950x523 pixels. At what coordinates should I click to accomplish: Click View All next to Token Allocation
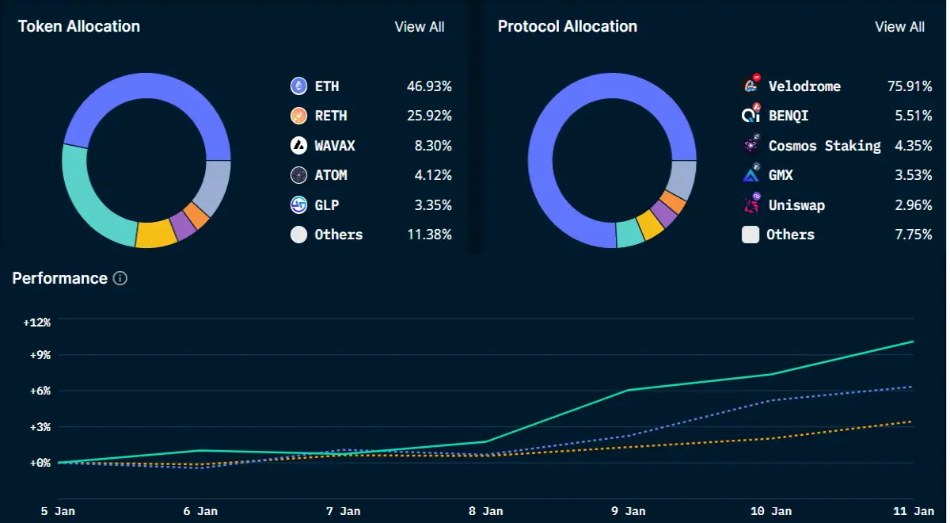click(420, 27)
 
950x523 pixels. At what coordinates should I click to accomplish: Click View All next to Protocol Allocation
click(899, 27)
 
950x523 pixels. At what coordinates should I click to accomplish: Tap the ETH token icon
click(298, 86)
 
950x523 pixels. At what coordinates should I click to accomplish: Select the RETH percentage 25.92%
click(429, 116)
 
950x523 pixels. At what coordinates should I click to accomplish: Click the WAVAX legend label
click(335, 146)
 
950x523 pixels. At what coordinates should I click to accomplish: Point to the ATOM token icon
click(298, 175)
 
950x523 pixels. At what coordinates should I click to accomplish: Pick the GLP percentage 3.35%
click(433, 205)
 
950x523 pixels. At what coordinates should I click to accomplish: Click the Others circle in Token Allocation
click(298, 235)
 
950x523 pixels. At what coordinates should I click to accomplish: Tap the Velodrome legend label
click(804, 86)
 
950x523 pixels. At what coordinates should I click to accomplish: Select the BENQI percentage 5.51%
click(914, 116)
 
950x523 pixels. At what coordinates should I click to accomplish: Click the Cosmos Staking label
click(824, 146)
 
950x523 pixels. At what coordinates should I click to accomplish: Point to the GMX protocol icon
click(751, 174)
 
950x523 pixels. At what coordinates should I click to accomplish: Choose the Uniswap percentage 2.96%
click(914, 205)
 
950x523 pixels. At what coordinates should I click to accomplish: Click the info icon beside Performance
click(120, 278)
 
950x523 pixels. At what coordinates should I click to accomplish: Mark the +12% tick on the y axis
click(37, 323)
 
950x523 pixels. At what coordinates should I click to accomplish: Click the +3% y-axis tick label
click(40, 426)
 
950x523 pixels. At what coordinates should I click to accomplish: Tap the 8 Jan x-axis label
click(485, 511)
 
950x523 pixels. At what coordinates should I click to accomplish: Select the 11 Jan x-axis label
click(914, 511)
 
